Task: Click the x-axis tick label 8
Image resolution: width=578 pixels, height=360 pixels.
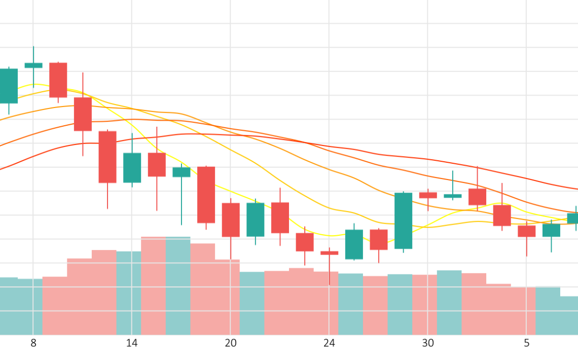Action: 33,343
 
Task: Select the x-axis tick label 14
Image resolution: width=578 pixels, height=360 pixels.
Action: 132,343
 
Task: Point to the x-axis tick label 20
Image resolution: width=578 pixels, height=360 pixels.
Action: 231,343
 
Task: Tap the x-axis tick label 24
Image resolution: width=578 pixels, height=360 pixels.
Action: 329,343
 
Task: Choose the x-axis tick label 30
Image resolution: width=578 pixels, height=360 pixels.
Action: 428,343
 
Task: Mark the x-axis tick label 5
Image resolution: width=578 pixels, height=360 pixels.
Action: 526,343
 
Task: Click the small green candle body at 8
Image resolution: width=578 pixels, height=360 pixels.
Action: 33,65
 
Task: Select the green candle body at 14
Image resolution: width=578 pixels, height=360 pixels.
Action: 132,167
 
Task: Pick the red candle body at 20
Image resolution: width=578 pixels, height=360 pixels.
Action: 231,220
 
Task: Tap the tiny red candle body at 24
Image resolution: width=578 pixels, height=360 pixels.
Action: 329,253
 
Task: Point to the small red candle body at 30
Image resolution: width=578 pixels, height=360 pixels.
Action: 428,195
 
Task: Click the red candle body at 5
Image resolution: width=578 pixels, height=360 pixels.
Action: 526,231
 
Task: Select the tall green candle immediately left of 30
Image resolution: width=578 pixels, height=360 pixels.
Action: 403,221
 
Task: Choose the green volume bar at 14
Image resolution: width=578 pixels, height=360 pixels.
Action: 129,293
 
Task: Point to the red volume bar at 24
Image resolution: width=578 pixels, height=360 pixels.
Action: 326,303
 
